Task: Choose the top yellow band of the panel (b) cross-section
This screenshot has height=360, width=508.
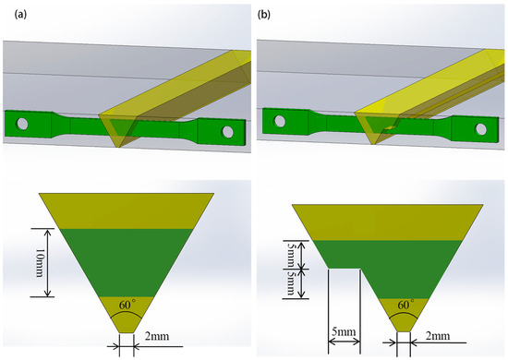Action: pos(388,219)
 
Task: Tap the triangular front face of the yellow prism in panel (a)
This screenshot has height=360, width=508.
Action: pos(119,128)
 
